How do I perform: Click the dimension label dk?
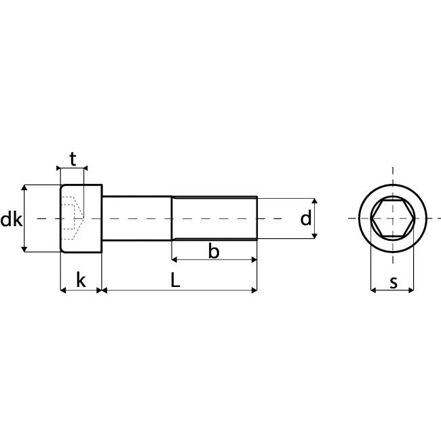click(11, 219)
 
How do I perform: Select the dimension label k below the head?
click(81, 279)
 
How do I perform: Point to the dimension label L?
click(175, 279)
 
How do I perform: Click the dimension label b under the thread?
click(214, 252)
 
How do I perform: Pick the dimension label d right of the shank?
click(305, 218)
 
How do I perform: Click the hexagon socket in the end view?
click(393, 218)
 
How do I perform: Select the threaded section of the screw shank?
click(214, 218)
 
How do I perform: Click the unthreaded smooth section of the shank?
click(136, 218)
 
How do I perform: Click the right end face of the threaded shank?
click(257, 218)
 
